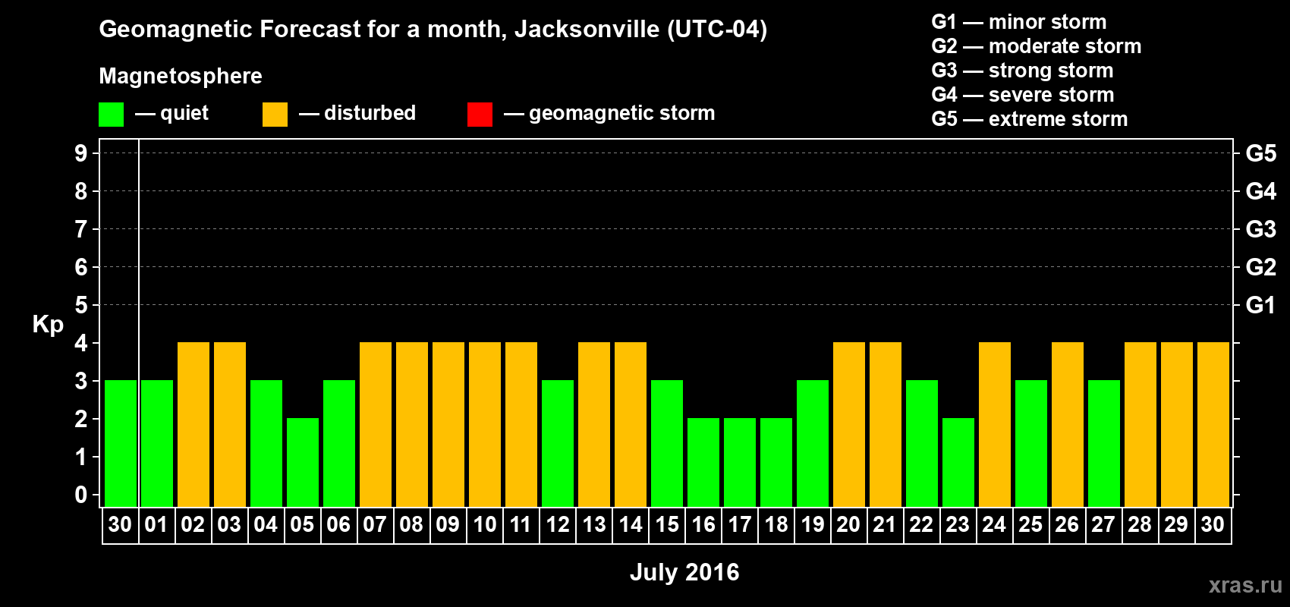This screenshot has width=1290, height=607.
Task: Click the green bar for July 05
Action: (303, 462)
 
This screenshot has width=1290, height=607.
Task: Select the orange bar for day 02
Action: (193, 424)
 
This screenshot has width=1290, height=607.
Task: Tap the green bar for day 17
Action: (740, 462)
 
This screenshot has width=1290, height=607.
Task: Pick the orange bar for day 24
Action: (995, 424)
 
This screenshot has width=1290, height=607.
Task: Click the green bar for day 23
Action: (958, 462)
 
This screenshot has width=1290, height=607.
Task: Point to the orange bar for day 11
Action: (521, 424)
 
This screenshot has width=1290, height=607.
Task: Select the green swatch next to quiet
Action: (112, 115)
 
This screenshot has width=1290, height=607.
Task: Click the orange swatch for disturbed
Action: (275, 115)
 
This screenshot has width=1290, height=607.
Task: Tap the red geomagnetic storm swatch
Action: (480, 115)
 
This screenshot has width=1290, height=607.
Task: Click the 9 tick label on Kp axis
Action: (81, 153)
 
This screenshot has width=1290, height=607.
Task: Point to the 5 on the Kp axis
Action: (81, 305)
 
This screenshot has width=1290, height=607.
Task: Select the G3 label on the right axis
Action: (1260, 229)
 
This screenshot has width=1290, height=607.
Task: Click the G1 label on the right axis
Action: (1260, 305)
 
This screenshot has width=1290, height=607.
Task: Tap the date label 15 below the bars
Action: (667, 524)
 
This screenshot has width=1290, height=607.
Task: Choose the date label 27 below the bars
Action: (1103, 524)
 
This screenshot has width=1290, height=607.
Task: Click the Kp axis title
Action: (48, 325)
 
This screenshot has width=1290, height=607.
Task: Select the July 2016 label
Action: (684, 572)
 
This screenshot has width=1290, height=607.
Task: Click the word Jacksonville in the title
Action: (587, 30)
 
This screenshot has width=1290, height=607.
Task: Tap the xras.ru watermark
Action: (1245, 585)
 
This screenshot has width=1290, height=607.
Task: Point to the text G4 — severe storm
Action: (1022, 95)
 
